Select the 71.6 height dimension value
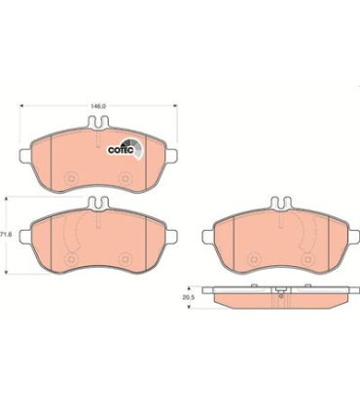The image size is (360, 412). (x=6, y=235)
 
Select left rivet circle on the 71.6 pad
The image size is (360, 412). (x=72, y=258)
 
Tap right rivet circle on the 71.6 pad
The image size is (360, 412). (x=124, y=258)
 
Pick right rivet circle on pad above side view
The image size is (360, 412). (x=305, y=258)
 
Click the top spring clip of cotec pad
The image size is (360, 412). (x=97, y=124)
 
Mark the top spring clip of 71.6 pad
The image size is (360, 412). (x=97, y=206)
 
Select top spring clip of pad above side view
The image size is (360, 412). (x=278, y=206)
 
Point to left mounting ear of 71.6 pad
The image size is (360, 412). (x=26, y=233)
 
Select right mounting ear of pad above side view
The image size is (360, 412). (x=349, y=233)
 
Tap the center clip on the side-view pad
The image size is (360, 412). (x=278, y=289)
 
